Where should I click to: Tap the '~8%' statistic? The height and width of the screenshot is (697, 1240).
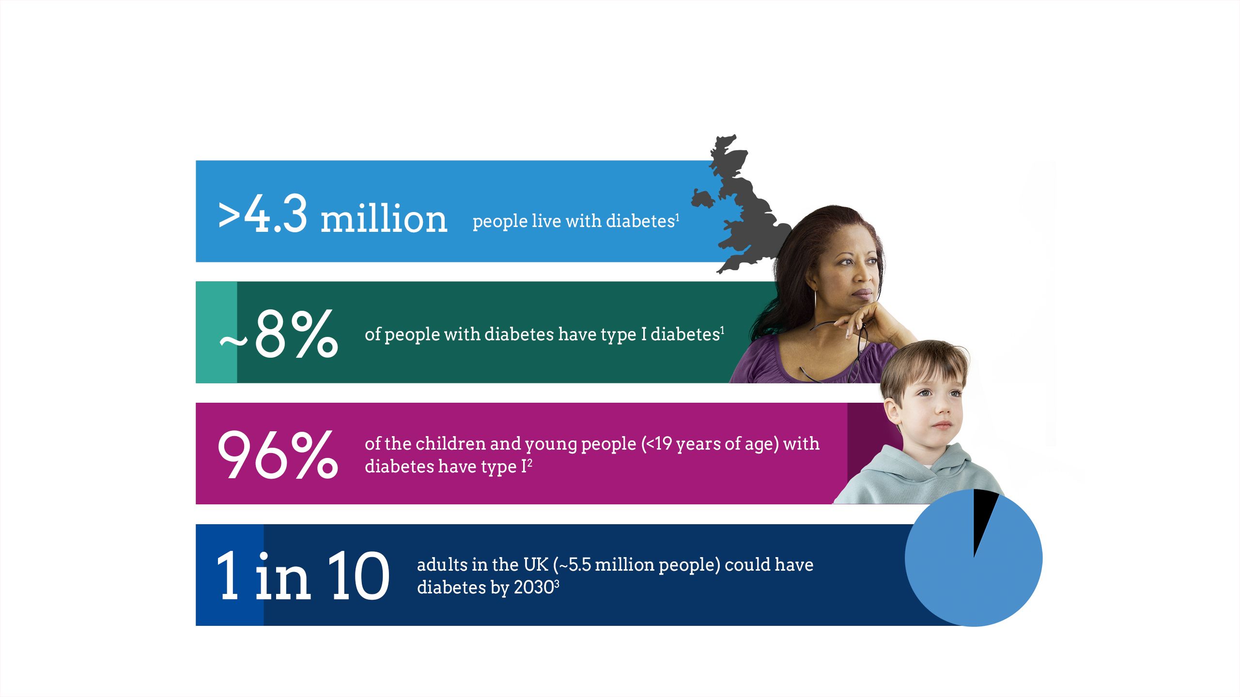(279, 333)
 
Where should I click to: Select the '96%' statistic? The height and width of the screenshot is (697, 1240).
(278, 455)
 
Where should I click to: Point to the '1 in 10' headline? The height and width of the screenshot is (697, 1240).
(303, 576)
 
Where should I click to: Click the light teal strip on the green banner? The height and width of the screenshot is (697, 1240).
(217, 333)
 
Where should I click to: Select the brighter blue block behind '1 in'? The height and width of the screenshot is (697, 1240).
(230, 575)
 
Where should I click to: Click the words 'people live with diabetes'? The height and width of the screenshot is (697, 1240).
(573, 221)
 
